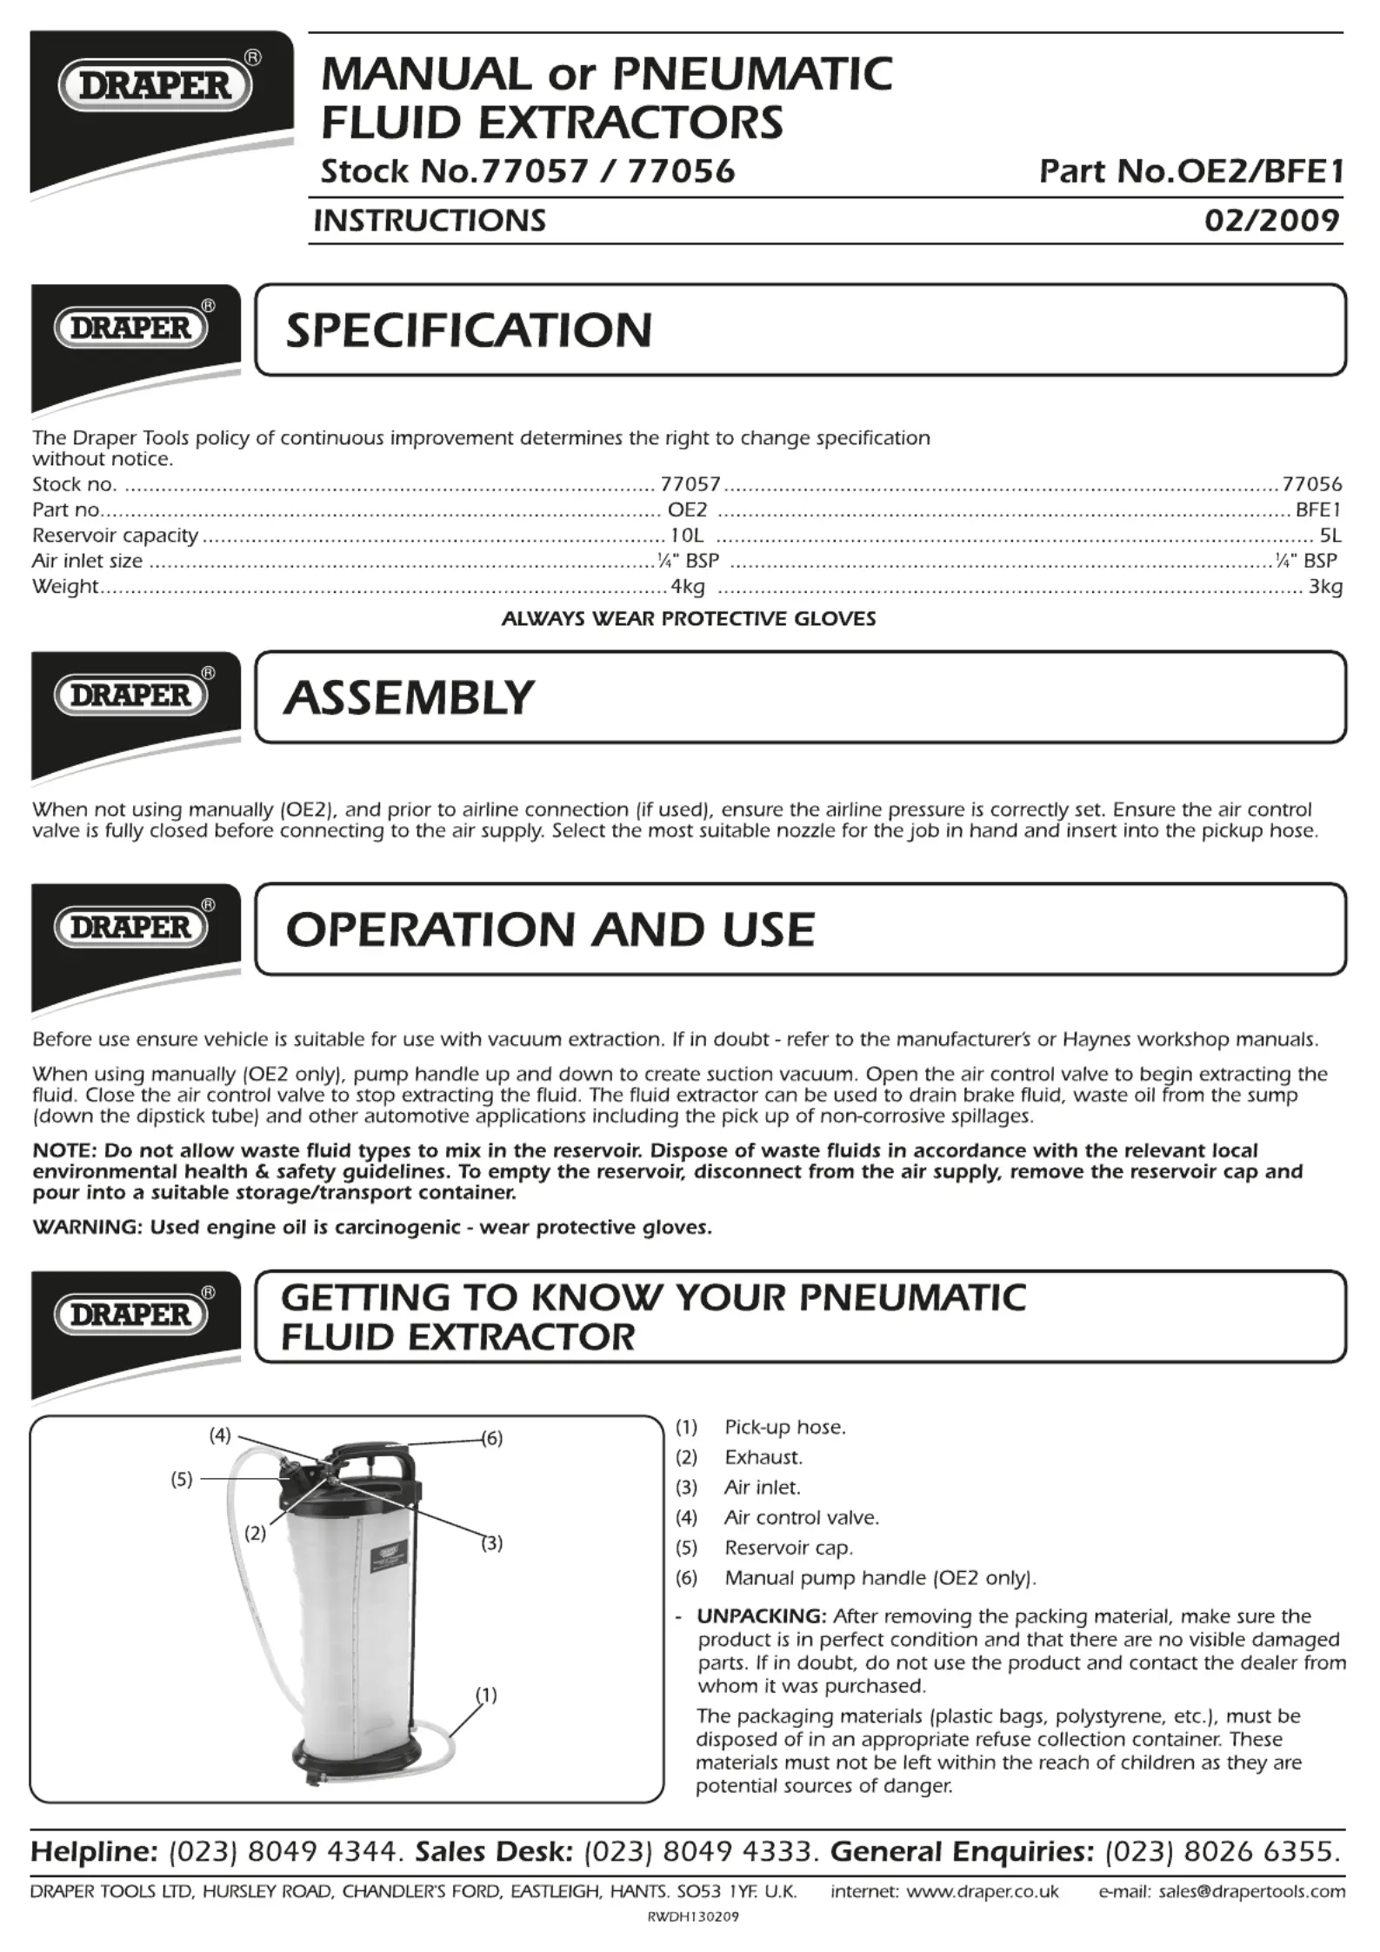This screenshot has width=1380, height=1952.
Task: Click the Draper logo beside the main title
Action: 156,85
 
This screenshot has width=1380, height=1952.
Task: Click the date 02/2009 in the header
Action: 1271,220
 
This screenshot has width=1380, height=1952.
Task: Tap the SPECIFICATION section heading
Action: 469,330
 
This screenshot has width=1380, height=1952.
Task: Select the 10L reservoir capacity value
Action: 686,536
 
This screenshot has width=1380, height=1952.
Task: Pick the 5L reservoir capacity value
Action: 1330,536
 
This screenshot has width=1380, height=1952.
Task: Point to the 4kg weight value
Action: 687,587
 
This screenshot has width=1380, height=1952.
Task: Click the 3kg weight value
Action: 1325,587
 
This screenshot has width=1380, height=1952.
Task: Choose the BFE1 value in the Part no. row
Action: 1318,510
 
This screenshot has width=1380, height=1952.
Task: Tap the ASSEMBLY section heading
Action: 409,698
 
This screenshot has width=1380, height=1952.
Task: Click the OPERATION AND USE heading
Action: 550,929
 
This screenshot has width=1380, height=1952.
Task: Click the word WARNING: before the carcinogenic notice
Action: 87,1228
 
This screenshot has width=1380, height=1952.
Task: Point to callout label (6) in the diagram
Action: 492,1438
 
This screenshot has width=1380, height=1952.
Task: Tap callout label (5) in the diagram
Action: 181,1479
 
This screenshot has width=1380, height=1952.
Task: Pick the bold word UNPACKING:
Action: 761,1616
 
